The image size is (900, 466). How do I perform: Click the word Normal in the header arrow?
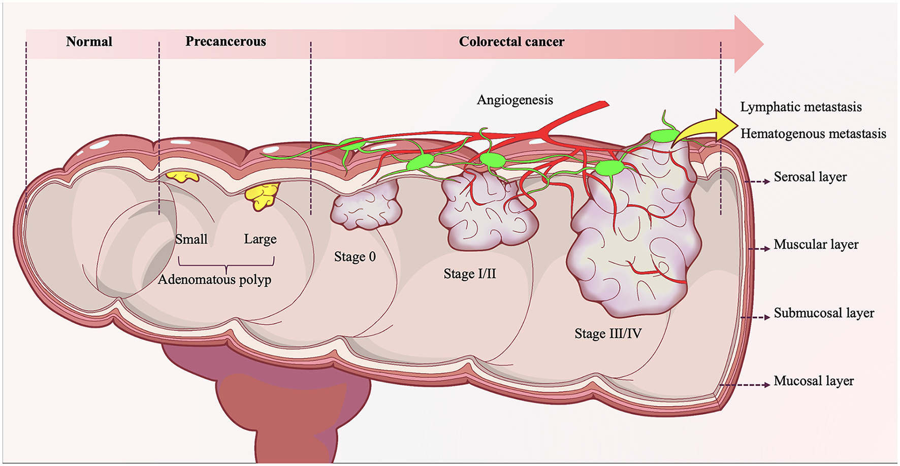pyautogui.click(x=89, y=42)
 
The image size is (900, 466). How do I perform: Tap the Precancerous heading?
pyautogui.click(x=226, y=42)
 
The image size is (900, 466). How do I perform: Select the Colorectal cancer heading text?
pyautogui.click(x=511, y=42)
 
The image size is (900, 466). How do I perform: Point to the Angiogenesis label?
pyautogui.click(x=515, y=100)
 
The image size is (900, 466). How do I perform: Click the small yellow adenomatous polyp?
pyautogui.click(x=182, y=176)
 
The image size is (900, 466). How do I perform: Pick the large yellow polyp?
pyautogui.click(x=263, y=196)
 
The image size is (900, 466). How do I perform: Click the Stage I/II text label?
pyautogui.click(x=469, y=274)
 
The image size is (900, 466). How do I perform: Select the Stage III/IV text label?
pyautogui.click(x=607, y=334)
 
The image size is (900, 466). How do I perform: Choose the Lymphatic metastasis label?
pyautogui.click(x=800, y=107)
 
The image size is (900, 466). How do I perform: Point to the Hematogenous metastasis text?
pyautogui.click(x=813, y=134)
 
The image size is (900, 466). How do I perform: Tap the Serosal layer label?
pyautogui.click(x=810, y=177)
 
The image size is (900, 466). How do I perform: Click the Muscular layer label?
pyautogui.click(x=816, y=245)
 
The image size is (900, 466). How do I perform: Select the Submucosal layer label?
pyautogui.click(x=823, y=313)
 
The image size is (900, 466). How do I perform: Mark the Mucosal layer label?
pyautogui.click(x=813, y=381)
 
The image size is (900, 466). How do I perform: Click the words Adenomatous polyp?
pyautogui.click(x=214, y=280)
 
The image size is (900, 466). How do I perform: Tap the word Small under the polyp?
pyautogui.click(x=191, y=239)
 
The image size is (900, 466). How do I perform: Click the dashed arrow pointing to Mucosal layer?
pyautogui.click(x=745, y=385)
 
